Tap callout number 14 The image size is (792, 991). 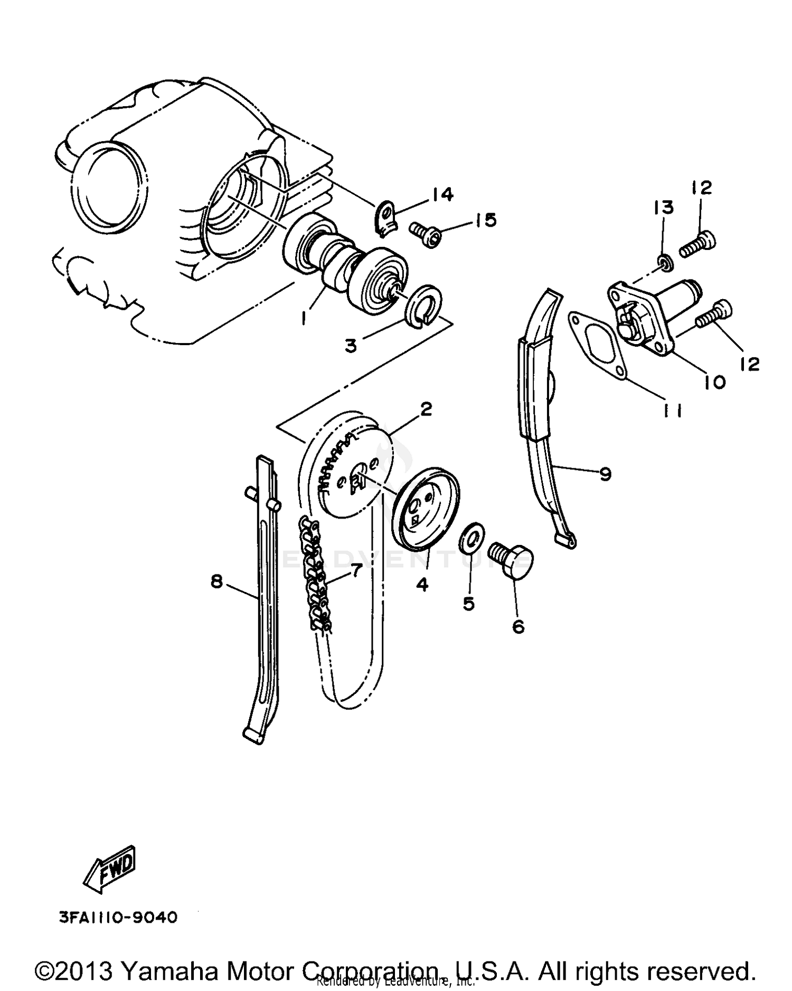pos(442,195)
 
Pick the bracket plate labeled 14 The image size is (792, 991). pos(386,219)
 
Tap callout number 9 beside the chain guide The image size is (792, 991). pos(606,474)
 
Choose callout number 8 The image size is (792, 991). pos(216,582)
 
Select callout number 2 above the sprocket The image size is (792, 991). pos(426,409)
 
